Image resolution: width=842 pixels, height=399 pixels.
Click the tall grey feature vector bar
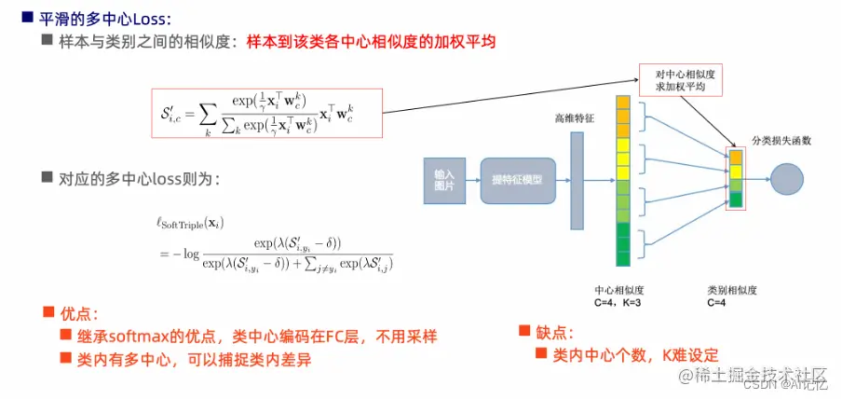(x=577, y=181)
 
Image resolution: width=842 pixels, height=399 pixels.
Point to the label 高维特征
(x=574, y=119)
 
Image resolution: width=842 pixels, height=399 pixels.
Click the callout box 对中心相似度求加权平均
(x=685, y=79)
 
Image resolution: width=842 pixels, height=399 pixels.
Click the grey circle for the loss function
(x=787, y=179)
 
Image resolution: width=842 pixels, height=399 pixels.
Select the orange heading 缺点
(x=553, y=333)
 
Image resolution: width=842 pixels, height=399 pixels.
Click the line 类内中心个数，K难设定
(x=635, y=354)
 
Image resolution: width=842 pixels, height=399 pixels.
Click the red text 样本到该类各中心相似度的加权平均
(x=371, y=42)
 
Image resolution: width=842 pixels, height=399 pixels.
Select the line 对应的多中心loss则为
(x=139, y=178)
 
